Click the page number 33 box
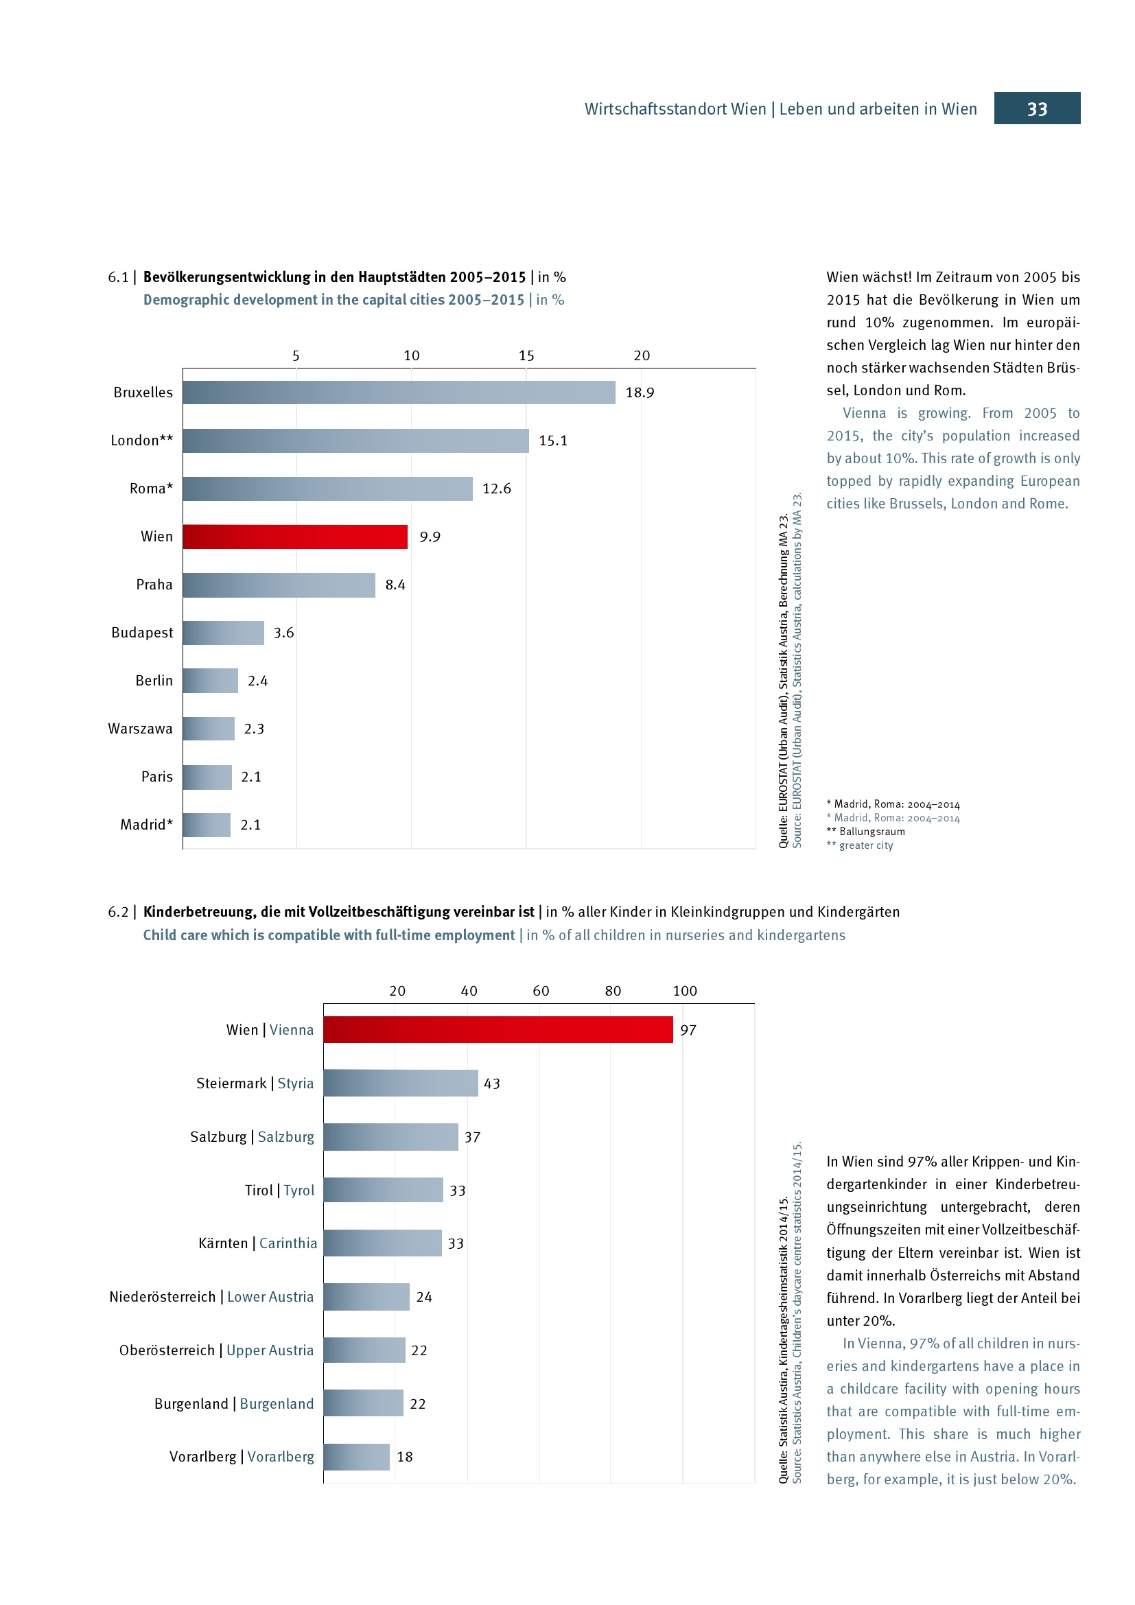(x=1036, y=108)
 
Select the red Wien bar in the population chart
(x=295, y=537)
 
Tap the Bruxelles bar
(x=399, y=393)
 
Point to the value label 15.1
(x=553, y=441)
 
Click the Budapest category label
(x=142, y=633)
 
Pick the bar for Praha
(x=279, y=585)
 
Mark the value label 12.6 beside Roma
(x=496, y=489)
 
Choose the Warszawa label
(x=140, y=729)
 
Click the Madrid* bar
(x=207, y=825)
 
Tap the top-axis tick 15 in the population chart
(x=526, y=356)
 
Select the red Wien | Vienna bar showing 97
(x=498, y=1030)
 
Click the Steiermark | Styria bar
(x=401, y=1083)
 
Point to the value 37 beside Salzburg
(x=472, y=1137)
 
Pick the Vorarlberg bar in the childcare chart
(x=356, y=1457)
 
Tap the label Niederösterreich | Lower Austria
(x=211, y=1297)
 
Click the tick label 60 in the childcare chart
(x=541, y=991)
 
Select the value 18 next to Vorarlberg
(x=405, y=1457)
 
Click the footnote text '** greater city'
(x=860, y=845)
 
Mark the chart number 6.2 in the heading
(x=118, y=911)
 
